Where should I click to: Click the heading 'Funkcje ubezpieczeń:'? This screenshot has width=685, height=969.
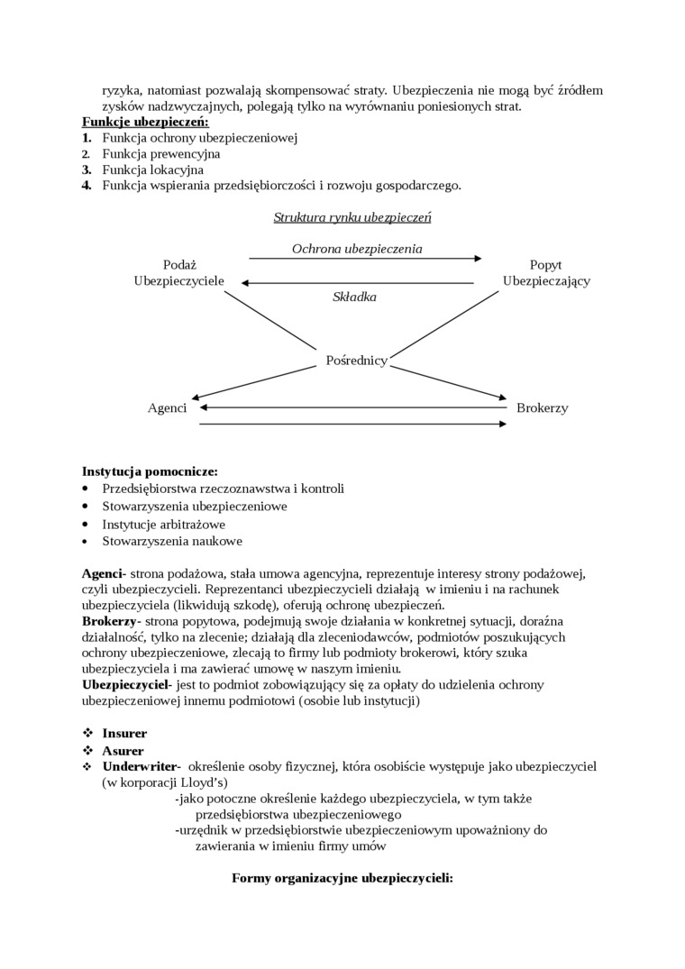tap(145, 122)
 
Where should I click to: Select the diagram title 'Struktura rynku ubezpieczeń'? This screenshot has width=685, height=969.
tap(352, 217)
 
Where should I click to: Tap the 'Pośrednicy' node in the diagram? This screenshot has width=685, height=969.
tap(356, 361)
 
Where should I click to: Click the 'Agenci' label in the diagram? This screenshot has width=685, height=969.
tap(167, 408)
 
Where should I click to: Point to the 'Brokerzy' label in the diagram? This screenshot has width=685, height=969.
tap(542, 408)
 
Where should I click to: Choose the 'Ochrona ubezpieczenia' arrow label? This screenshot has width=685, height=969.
tap(357, 248)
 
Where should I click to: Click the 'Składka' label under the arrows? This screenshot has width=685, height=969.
tap(354, 297)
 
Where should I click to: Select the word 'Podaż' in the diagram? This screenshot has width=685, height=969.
tap(178, 265)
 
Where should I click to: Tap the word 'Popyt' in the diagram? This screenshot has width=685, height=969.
tap(546, 265)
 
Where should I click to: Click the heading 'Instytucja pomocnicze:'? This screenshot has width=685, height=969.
tap(150, 471)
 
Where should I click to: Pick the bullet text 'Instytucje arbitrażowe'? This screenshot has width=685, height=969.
tap(163, 524)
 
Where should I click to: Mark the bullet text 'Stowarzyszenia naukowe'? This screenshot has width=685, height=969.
tap(171, 542)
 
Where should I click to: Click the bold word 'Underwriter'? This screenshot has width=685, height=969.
tap(139, 765)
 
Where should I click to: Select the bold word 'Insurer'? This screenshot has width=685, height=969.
tap(124, 733)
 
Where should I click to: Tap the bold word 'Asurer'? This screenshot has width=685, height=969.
tap(123, 750)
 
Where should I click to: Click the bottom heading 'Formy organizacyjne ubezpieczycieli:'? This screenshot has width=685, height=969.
tap(342, 877)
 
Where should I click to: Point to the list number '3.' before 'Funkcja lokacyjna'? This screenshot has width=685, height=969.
tap(87, 169)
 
